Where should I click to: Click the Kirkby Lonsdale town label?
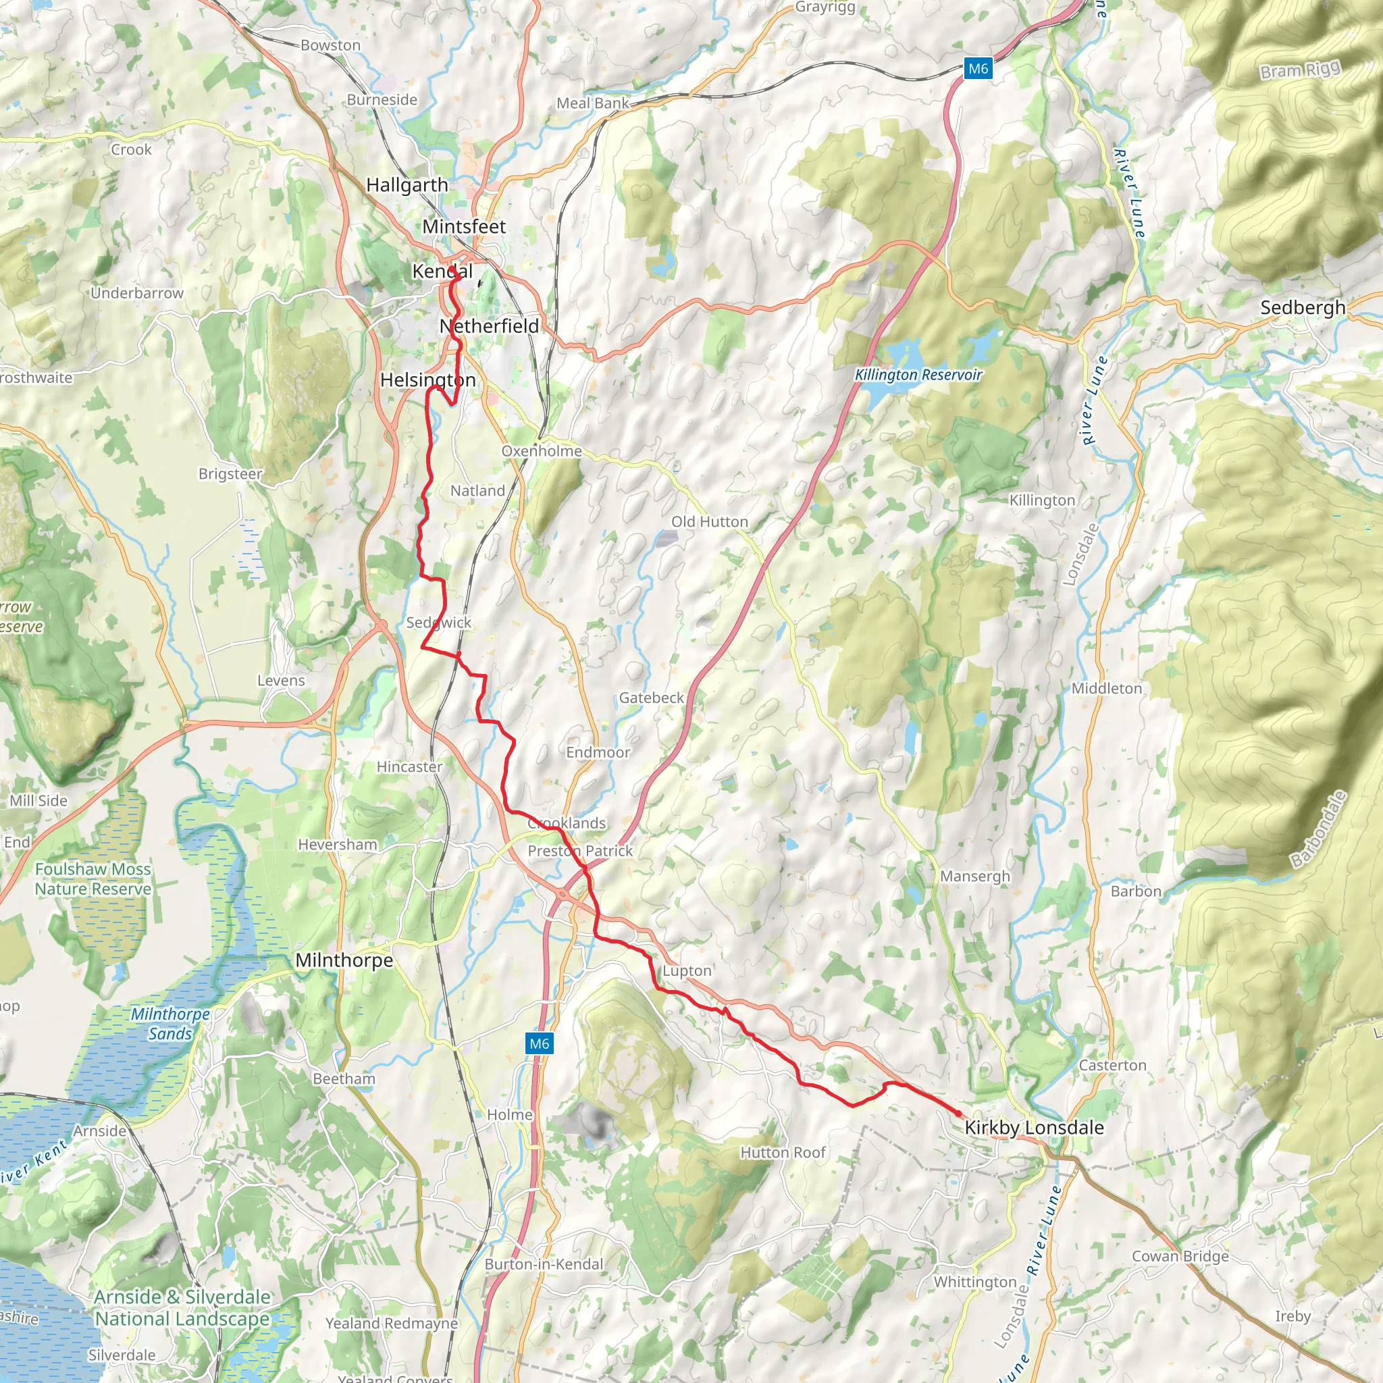[1034, 1128]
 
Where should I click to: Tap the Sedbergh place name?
[1303, 308]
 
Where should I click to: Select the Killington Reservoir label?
[918, 374]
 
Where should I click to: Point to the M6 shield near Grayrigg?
[977, 69]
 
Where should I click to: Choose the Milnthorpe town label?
[344, 960]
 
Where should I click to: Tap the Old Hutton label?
[710, 522]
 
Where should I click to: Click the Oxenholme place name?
[541, 451]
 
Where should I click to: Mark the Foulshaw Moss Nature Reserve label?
[93, 879]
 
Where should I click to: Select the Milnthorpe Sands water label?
[170, 1024]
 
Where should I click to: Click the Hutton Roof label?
[783, 1153]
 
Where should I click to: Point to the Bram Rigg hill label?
[1299, 70]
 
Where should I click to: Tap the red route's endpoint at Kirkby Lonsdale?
[958, 1113]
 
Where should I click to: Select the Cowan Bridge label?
[1180, 1256]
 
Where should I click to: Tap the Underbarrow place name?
[136, 293]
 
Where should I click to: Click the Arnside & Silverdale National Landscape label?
[182, 1308]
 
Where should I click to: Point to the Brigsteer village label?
[230, 474]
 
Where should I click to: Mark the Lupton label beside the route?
[687, 970]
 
